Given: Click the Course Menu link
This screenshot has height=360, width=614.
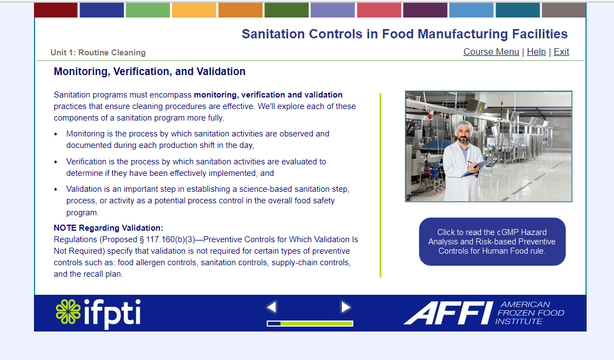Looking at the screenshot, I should (x=491, y=52).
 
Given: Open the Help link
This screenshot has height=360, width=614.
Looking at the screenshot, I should (x=536, y=52).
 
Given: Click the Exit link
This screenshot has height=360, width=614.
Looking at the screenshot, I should (x=561, y=52).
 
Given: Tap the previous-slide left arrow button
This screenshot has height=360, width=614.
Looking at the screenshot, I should (x=272, y=307).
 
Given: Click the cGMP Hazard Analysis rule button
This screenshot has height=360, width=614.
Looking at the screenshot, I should (x=492, y=242).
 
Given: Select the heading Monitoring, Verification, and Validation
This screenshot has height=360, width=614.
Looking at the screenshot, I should (x=150, y=72).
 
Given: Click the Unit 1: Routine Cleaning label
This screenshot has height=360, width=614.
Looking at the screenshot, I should (x=98, y=53).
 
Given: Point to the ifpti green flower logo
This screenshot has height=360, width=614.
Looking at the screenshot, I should (x=68, y=311).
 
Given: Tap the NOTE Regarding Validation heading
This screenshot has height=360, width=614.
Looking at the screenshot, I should (x=108, y=228).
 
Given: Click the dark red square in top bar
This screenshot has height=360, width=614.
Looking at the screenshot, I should (x=56, y=10).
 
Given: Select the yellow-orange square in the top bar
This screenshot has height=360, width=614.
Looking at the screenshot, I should (x=194, y=10).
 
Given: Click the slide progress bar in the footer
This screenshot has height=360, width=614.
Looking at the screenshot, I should (x=309, y=324).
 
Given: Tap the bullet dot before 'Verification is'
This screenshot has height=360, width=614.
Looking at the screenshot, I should (x=56, y=162).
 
